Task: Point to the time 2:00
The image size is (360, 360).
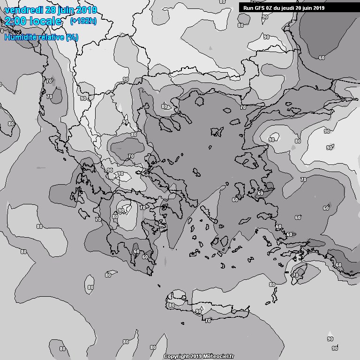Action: coord(15,22)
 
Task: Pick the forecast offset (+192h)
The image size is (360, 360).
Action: coord(83,22)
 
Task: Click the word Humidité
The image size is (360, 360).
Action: coord(19,37)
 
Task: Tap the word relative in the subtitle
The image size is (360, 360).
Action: coord(50,37)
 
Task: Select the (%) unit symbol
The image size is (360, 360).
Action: coord(72,37)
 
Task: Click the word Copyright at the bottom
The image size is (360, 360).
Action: coord(176,357)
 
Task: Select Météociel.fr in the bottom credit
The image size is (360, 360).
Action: coord(219,357)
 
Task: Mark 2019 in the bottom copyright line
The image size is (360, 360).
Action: coord(195,357)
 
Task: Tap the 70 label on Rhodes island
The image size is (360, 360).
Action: coord(296,276)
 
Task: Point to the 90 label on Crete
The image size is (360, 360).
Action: coord(198,311)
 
